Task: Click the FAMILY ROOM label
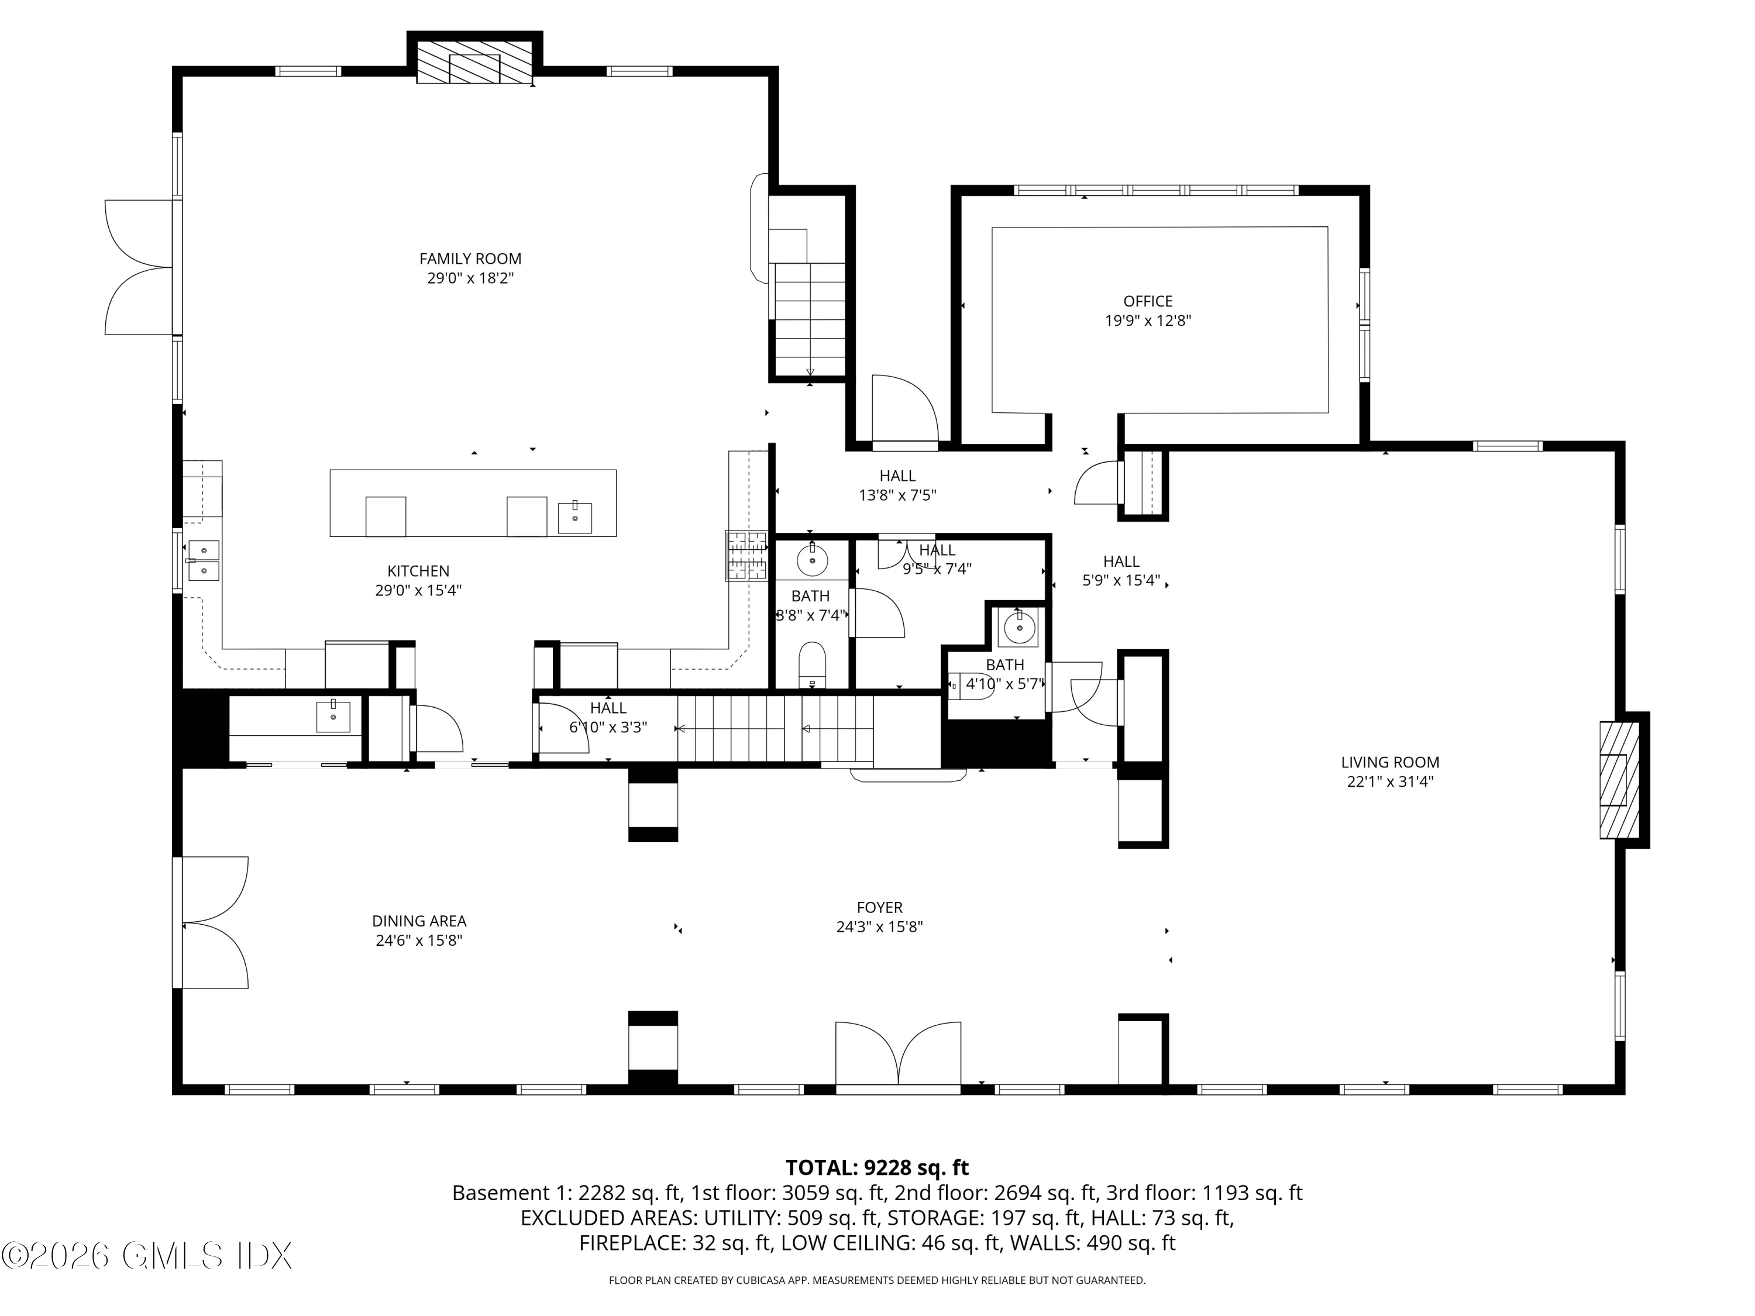click(470, 259)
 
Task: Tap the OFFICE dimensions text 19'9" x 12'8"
click(1148, 321)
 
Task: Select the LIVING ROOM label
click(1390, 762)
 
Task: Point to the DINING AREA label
click(419, 921)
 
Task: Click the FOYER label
click(880, 908)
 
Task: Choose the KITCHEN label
click(418, 571)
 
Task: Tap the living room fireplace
click(1619, 780)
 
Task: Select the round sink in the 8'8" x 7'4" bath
click(811, 561)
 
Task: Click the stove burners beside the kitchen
click(746, 555)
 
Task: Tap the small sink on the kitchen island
click(574, 517)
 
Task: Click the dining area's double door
click(211, 922)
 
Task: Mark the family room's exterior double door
click(140, 267)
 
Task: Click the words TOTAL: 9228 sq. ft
click(877, 1167)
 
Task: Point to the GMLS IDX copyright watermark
click(147, 1256)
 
